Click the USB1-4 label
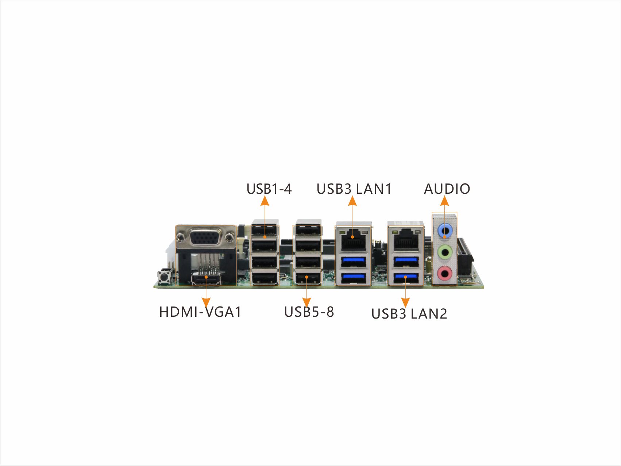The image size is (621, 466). pyautogui.click(x=269, y=189)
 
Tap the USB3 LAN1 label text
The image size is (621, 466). pyautogui.click(x=354, y=189)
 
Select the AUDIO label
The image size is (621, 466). pyautogui.click(x=447, y=189)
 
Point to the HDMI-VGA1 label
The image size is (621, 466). pyautogui.click(x=200, y=312)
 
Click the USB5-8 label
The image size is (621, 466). pyautogui.click(x=309, y=312)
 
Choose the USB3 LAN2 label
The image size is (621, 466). pyautogui.click(x=409, y=314)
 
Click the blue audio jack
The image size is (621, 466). pyautogui.click(x=444, y=230)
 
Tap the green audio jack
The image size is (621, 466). pyautogui.click(x=444, y=252)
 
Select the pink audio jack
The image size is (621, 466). pyautogui.click(x=444, y=273)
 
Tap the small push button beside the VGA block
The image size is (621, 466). pyautogui.click(x=164, y=277)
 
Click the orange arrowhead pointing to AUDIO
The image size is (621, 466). pyautogui.click(x=444, y=201)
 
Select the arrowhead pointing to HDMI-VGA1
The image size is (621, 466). pyautogui.click(x=206, y=303)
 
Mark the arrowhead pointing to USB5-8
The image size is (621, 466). pyautogui.click(x=307, y=303)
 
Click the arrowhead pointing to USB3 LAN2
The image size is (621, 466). pyautogui.click(x=405, y=303)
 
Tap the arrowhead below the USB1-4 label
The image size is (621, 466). pyautogui.click(x=265, y=201)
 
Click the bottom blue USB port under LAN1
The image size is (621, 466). pyautogui.click(x=353, y=278)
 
